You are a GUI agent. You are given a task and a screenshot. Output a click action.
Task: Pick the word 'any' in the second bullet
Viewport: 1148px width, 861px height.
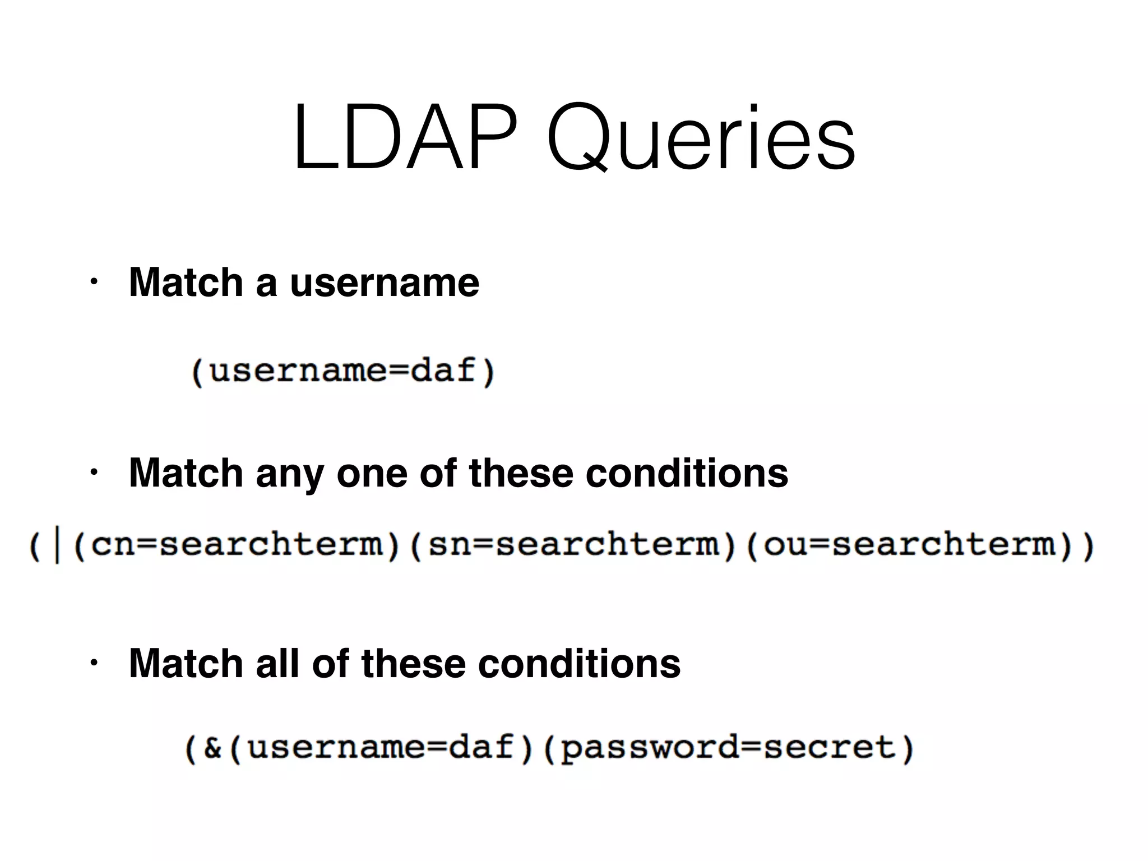(289, 474)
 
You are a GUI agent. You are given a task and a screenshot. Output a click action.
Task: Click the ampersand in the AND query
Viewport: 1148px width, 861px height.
(212, 748)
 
